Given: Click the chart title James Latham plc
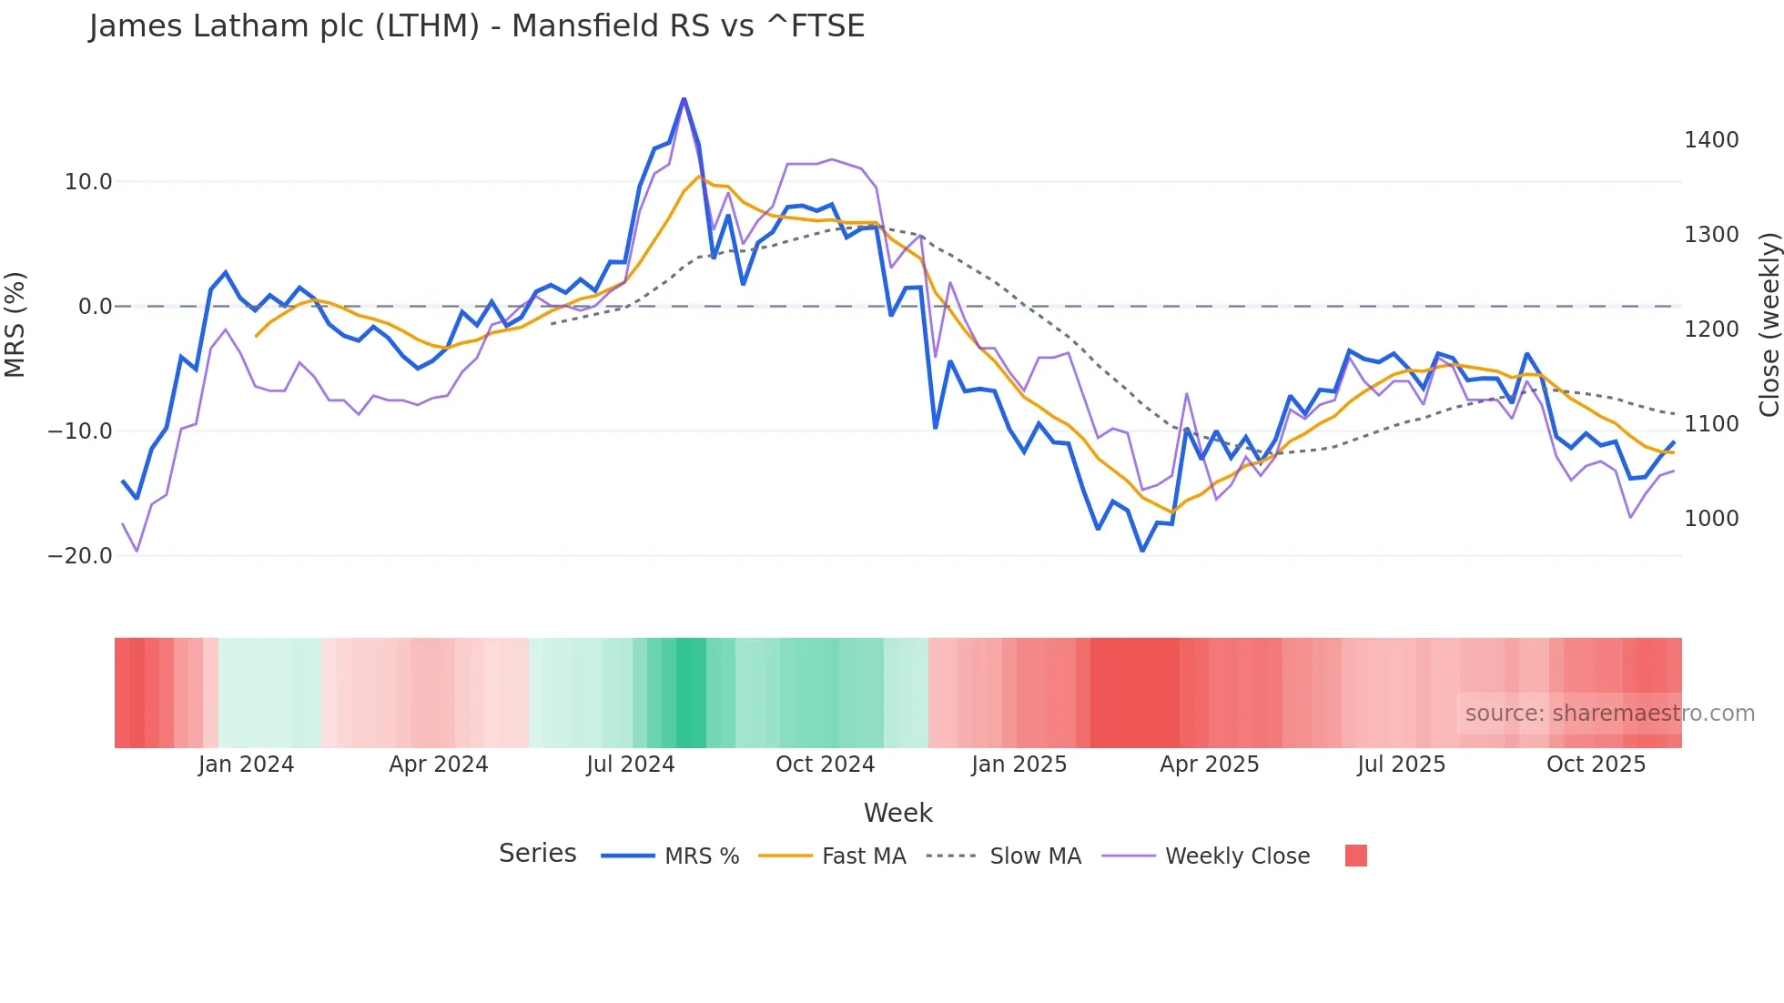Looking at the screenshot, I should [x=476, y=26].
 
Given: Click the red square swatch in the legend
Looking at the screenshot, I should [x=1355, y=856].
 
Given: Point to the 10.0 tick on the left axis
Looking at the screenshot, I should [x=88, y=182].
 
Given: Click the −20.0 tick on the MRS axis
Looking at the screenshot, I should [x=80, y=555].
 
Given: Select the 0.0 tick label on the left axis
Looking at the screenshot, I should [x=96, y=307].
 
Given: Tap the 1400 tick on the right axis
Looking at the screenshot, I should [x=1711, y=140].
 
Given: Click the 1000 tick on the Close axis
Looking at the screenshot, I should [x=1711, y=519].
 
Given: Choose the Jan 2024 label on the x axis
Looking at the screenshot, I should [x=246, y=765].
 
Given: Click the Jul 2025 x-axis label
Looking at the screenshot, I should [x=1401, y=765].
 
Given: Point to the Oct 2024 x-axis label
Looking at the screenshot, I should [x=825, y=765].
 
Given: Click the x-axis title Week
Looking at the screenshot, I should [x=897, y=813].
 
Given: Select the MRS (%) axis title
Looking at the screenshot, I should [x=15, y=325].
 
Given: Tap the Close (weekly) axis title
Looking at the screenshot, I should [x=1769, y=325].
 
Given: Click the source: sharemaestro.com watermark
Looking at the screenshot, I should [x=1609, y=714].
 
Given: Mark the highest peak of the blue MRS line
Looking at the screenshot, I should [x=684, y=98].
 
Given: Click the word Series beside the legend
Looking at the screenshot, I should [x=537, y=854].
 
